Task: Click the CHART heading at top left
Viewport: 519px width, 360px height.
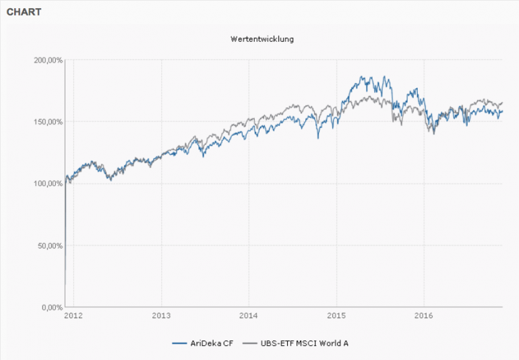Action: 24,12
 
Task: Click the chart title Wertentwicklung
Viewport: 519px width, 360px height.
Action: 262,38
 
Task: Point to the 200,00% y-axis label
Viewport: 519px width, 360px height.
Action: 48,60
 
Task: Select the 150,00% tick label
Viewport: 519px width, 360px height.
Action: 48,122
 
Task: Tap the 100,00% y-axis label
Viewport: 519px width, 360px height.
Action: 48,183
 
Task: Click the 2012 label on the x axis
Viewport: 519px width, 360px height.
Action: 73,316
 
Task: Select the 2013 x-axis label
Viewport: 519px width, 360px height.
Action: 161,316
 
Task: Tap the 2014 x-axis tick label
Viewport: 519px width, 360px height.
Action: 249,316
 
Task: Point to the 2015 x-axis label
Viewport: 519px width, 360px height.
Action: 336,316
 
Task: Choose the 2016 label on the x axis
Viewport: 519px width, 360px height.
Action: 423,316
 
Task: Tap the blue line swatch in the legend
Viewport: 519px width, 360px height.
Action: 179,343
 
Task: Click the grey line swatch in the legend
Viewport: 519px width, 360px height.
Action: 250,343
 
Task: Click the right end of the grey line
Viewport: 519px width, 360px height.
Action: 503,102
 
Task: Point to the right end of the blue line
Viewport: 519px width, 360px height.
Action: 503,111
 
